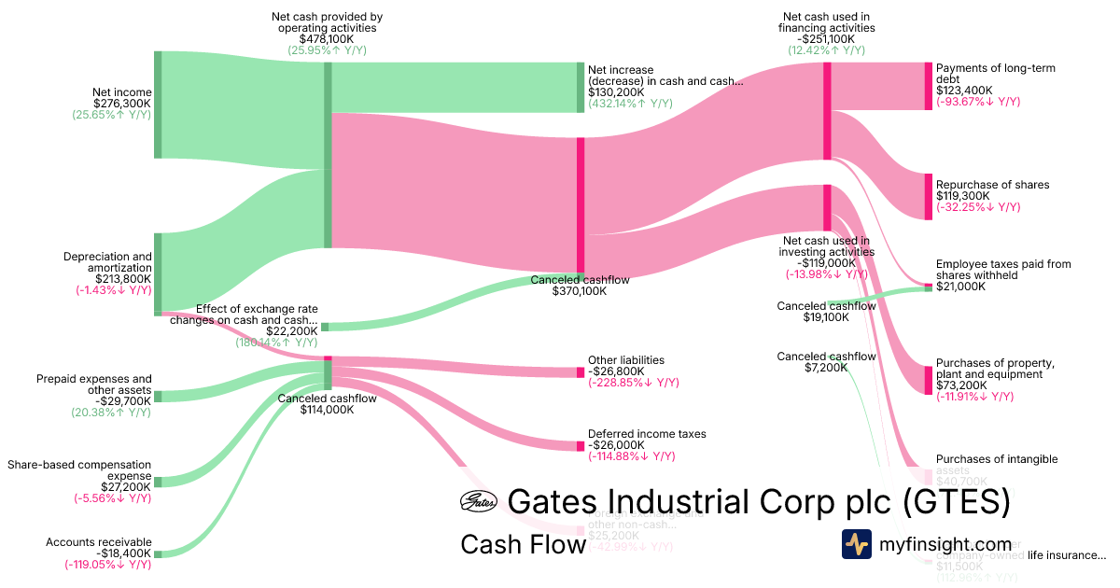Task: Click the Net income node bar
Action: (158, 105)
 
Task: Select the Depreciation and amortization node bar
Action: (158, 274)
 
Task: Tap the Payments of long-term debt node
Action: (928, 85)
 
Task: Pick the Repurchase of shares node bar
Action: (928, 196)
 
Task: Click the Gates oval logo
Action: (478, 502)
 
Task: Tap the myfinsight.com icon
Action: (856, 544)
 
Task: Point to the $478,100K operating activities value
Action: (327, 40)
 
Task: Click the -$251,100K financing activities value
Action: (826, 40)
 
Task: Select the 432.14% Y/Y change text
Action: (630, 104)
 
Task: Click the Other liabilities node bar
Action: (580, 372)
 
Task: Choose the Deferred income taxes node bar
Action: (580, 446)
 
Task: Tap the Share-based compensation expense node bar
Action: (158, 482)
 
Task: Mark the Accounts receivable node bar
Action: (158, 554)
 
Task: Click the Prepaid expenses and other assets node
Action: (158, 397)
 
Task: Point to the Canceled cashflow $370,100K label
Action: (580, 286)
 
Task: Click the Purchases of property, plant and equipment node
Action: (928, 380)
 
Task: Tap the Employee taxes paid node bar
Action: (928, 287)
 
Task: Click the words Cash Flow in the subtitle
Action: (523, 545)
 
